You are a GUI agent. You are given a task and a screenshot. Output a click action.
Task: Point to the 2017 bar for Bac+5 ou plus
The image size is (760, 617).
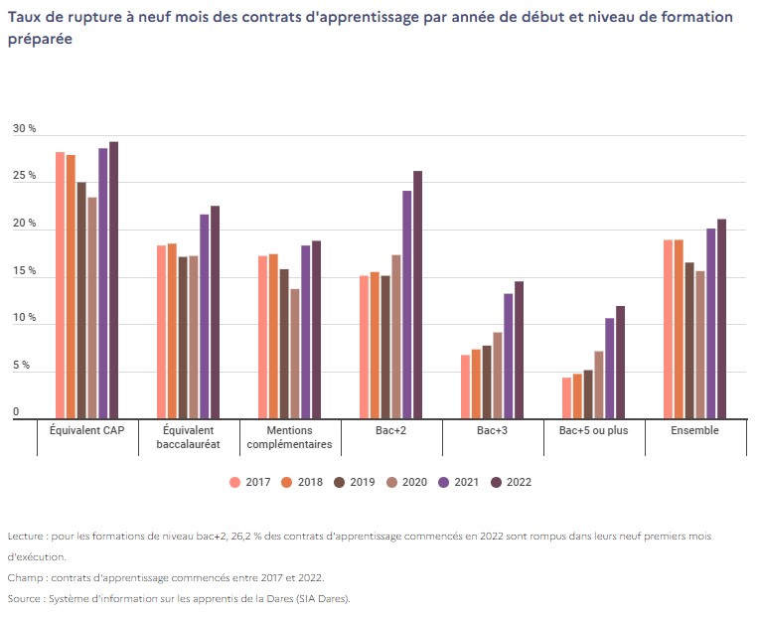pos(566,398)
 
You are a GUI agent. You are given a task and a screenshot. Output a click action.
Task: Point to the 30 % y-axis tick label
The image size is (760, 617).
pos(24,130)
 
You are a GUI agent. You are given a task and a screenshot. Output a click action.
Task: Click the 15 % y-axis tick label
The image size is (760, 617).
pos(24,272)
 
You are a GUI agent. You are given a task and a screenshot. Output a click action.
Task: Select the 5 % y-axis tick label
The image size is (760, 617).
pos(22,367)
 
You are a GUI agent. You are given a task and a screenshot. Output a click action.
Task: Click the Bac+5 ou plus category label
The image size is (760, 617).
pos(593,430)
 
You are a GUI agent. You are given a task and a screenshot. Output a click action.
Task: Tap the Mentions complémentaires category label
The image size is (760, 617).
pos(289,437)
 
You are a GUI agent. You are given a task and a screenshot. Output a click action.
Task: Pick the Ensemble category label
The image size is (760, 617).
pos(694,430)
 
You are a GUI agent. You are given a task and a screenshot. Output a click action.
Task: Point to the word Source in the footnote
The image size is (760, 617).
pos(25,598)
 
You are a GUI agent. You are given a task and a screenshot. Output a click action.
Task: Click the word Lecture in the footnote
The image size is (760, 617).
pos(26,536)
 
